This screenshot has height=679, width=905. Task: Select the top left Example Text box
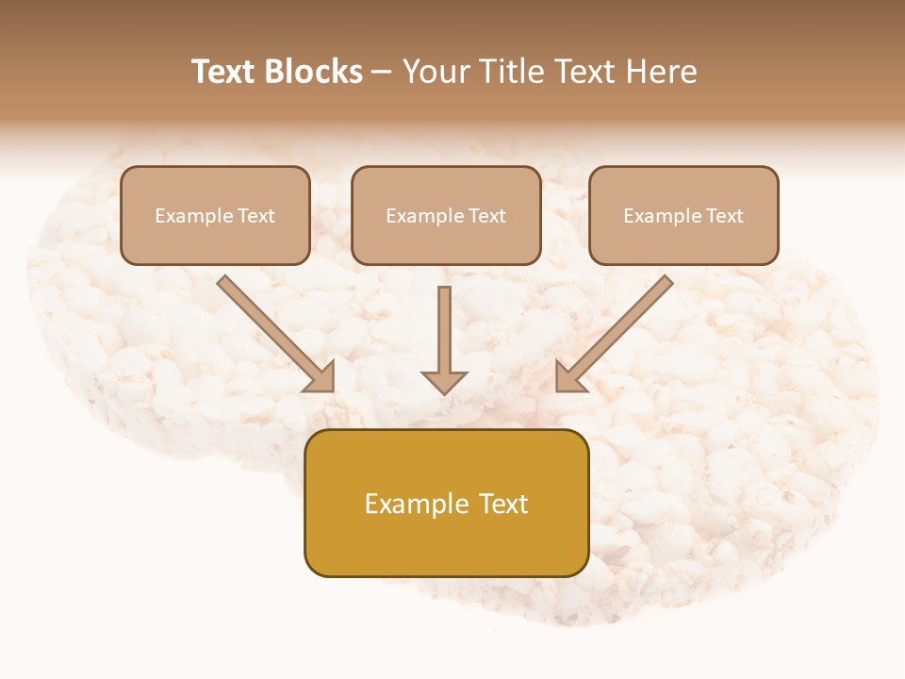click(x=215, y=215)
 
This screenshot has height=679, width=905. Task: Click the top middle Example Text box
click(x=446, y=215)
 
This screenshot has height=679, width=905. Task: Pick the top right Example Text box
click(x=683, y=215)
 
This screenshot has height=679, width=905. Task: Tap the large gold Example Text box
click(x=446, y=503)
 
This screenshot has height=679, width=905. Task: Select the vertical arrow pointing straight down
click(x=444, y=335)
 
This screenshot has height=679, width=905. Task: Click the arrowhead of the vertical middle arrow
click(x=444, y=381)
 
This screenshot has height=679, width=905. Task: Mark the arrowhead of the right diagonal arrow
click(x=568, y=376)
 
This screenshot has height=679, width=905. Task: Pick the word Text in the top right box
click(x=725, y=216)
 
